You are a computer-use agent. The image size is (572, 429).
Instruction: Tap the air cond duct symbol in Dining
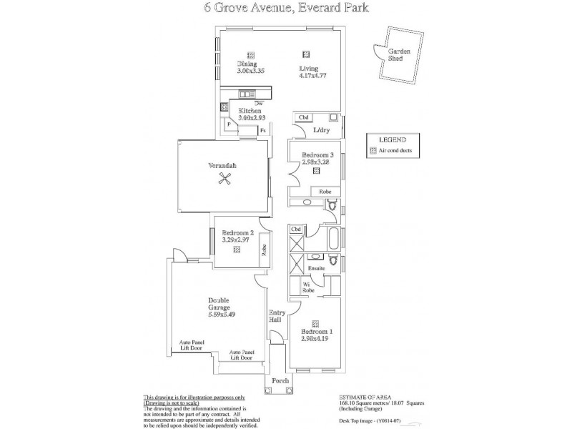(x=250, y=54)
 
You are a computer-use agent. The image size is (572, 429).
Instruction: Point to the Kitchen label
(x=250, y=111)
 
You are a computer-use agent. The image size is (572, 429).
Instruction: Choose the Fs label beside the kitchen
(x=263, y=131)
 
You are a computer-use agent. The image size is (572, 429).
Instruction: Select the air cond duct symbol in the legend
(x=373, y=151)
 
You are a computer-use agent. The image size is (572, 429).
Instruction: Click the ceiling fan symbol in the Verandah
(x=227, y=180)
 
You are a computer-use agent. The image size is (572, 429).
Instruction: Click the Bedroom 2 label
(x=237, y=233)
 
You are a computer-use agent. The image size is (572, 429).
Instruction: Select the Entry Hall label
(x=276, y=316)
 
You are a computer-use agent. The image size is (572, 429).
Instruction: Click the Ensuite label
(x=316, y=268)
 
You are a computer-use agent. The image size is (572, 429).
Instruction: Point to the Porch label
(x=280, y=380)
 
